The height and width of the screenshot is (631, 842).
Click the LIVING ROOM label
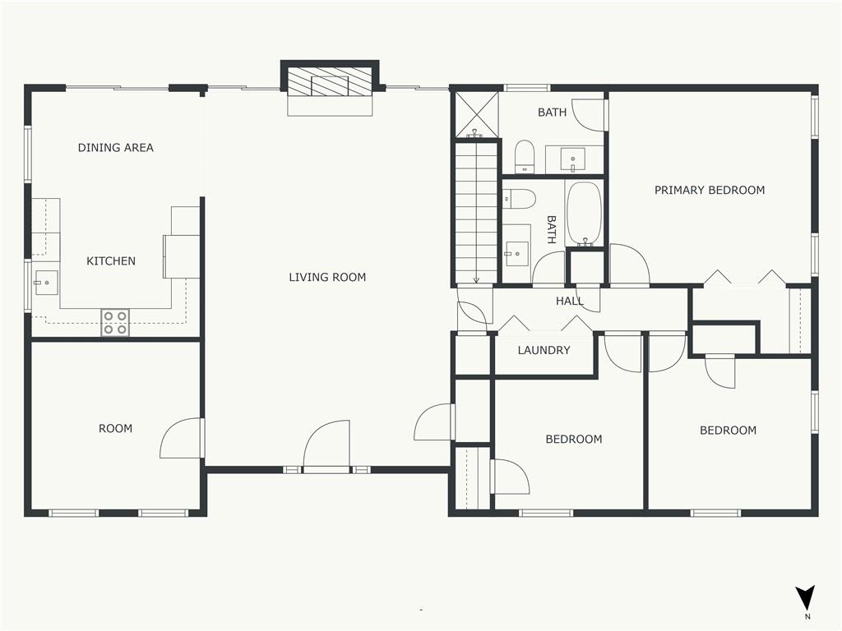327,278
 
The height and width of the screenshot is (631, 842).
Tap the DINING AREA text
115,148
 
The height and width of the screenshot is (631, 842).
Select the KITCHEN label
111,261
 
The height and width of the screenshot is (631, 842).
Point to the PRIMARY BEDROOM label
710,190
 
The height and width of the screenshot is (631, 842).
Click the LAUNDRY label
544,350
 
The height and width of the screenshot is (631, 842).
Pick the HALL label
569,301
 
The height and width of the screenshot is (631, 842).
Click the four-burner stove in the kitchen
115,322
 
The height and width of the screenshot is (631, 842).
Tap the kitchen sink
46,283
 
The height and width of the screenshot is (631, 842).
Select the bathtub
585,214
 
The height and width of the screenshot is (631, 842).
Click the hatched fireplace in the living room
330,82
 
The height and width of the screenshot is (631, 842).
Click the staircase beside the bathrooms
476,212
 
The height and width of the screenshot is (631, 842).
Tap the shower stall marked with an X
476,114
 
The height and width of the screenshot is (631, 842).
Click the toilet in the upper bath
524,157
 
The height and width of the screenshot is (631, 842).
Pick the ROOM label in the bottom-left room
115,429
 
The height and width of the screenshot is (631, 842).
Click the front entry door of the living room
326,445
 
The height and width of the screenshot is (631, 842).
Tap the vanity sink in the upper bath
573,159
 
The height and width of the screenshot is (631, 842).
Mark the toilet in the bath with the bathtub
520,199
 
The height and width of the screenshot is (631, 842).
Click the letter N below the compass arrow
807,616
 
